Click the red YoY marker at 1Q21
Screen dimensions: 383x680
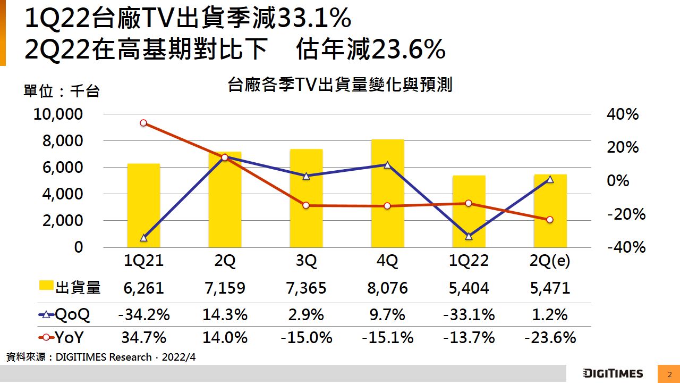pos(143,123)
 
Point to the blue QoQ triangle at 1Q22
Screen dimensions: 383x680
pos(469,236)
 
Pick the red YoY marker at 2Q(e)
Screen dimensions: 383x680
pos(550,220)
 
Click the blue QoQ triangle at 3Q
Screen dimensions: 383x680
pos(306,176)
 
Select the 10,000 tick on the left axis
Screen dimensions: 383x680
pos(58,114)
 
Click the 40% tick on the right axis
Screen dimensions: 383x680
pos(622,114)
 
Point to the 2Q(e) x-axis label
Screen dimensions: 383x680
pos(550,261)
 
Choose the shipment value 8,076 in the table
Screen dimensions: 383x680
pos(387,288)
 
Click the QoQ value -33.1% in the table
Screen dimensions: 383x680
pos(469,314)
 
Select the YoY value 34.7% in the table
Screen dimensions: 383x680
pos(143,338)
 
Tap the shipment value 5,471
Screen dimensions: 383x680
pos(550,288)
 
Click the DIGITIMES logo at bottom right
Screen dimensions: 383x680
pos(613,373)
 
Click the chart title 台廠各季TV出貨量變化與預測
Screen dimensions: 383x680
pos(340,85)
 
